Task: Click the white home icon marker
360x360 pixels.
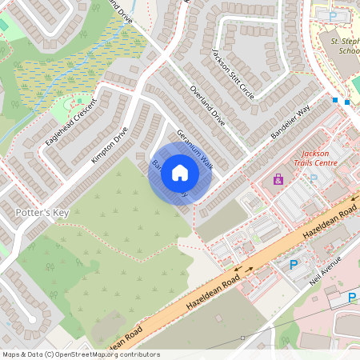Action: click(180, 173)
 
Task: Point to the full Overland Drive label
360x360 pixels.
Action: click(207, 106)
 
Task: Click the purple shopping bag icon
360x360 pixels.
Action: click(278, 180)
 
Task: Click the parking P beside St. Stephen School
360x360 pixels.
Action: click(333, 15)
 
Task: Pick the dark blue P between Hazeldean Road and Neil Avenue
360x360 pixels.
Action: click(293, 264)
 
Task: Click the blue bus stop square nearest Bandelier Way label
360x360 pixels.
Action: click(335, 100)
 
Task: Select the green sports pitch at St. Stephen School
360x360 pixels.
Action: click(355, 84)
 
